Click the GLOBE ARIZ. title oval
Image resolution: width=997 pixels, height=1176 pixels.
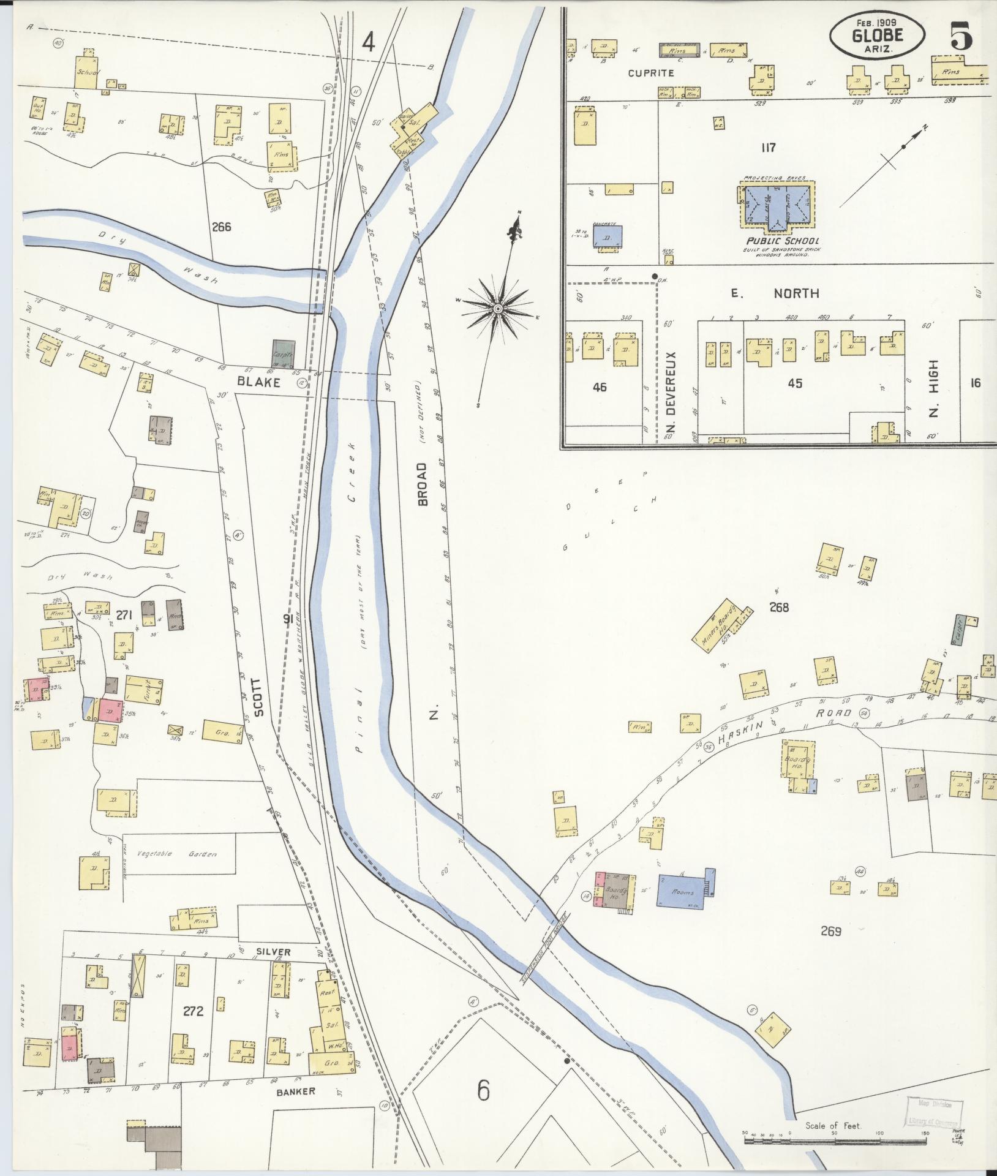[x=878, y=36]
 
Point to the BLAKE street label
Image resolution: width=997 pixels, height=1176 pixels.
[x=258, y=382]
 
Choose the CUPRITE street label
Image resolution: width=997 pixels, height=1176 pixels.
[x=651, y=73]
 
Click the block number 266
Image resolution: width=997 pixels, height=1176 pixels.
[x=221, y=227]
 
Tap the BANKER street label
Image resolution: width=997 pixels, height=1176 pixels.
[x=295, y=1091]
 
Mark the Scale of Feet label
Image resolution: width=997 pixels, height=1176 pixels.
[x=833, y=1126]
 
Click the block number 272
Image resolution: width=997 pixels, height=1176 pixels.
[x=193, y=1011]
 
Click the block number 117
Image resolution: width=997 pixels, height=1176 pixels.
[x=769, y=148]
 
